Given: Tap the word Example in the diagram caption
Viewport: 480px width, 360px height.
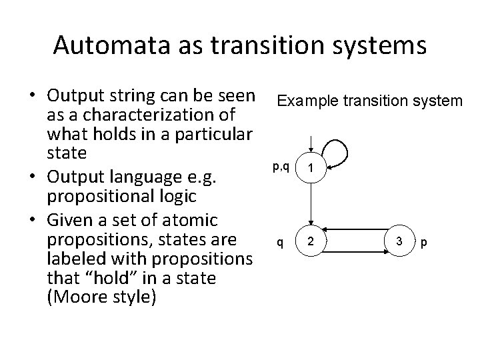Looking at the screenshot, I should pyautogui.click(x=301, y=101).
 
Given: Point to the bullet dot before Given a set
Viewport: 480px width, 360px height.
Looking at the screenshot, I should pyautogui.click(x=33, y=219).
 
